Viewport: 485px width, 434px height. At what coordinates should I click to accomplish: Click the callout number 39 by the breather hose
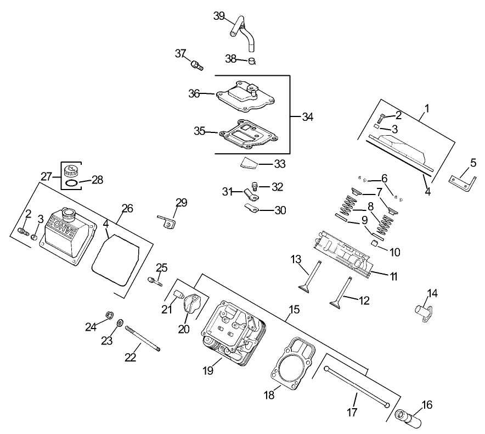(219, 16)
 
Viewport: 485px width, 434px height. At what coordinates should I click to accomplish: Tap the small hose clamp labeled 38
(252, 60)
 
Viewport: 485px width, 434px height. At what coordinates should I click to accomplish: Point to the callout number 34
(308, 116)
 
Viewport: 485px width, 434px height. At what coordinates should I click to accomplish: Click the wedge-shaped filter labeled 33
(249, 163)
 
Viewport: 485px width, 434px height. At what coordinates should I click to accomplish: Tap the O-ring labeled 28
(70, 182)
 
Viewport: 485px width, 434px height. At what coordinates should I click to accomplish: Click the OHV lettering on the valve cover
(59, 226)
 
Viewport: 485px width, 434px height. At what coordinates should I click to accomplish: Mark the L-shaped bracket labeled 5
(460, 182)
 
